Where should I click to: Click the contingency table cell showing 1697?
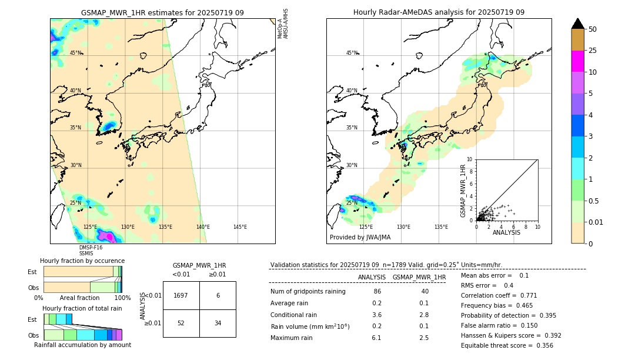181,295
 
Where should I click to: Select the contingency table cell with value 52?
181,323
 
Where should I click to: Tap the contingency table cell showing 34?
218,323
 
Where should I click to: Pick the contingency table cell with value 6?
218,295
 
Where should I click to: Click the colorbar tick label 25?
593,51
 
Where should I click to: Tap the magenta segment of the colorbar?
577,61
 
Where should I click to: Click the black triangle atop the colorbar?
577,24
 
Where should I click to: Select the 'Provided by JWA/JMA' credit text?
360,238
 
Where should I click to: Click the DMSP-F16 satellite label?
91,248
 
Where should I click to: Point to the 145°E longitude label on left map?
240,227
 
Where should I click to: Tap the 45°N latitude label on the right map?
351,53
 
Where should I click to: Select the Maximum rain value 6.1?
376,338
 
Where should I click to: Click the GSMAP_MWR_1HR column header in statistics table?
419,277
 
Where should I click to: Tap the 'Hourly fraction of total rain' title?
82,308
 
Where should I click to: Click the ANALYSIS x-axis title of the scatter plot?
506,232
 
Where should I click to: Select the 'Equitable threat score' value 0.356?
542,345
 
